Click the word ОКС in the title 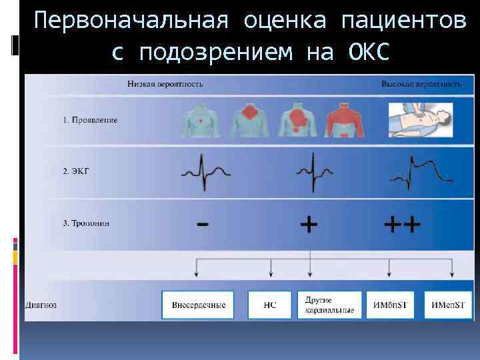[368, 52]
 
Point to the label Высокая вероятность [421, 85]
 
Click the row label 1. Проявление [90, 120]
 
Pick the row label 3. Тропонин [87, 223]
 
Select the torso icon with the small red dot [199, 120]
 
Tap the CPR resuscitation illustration [422, 121]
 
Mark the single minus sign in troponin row [201, 224]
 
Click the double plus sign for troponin [402, 224]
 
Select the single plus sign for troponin [308, 224]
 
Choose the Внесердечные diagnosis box [199, 305]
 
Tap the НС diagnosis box [270, 305]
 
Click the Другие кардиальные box [330, 305]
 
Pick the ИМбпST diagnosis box [391, 305]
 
